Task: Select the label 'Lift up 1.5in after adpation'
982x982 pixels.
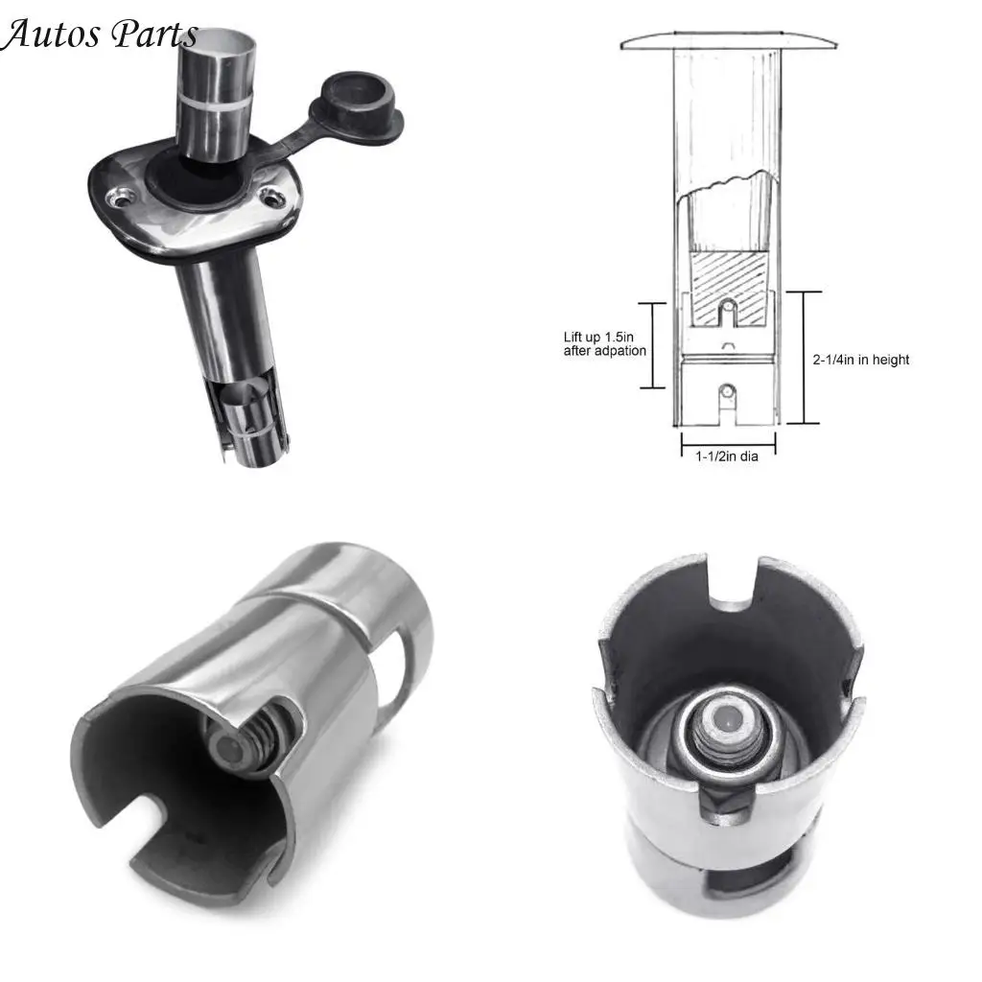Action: point(604,344)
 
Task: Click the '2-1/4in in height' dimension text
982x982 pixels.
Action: point(860,360)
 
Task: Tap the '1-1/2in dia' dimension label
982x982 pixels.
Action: point(727,456)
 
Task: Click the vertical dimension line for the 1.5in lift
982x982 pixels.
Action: point(652,345)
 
